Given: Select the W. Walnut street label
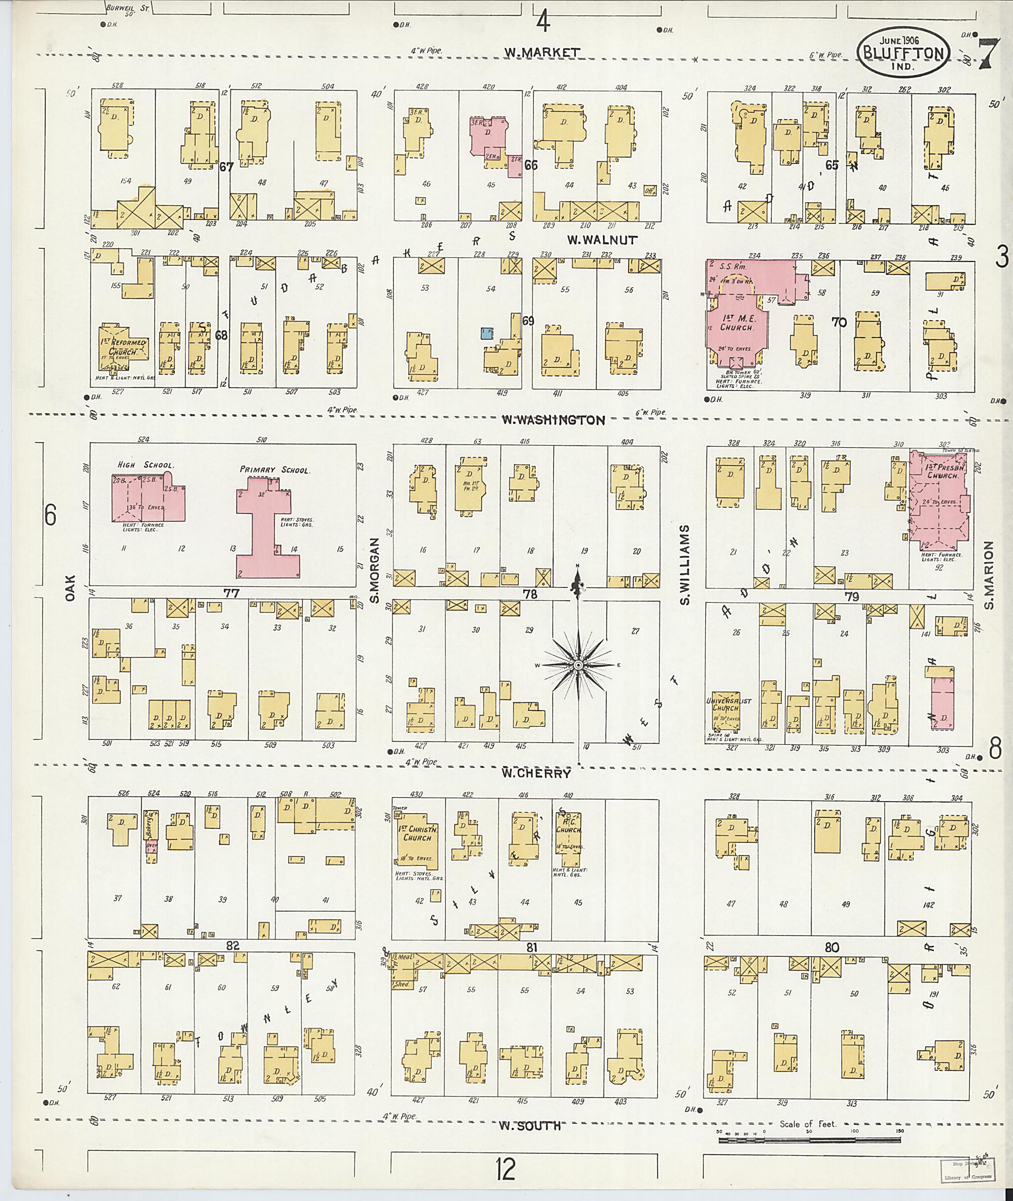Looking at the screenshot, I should pos(602,240).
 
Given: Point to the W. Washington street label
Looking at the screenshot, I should pos(553,420).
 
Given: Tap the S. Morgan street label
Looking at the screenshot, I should pos(374,571).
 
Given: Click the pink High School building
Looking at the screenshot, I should pos(148,498).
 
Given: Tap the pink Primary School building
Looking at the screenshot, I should pos(267,523).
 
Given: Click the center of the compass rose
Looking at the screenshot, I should pos(579,665).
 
